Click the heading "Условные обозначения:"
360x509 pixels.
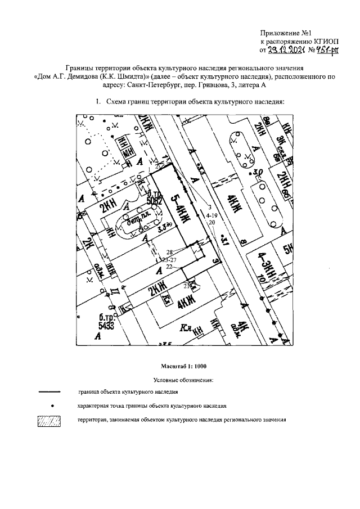click(x=180, y=380)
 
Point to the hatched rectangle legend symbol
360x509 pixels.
click(x=53, y=420)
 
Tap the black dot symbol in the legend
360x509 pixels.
click(x=52, y=405)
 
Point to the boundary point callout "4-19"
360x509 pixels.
click(x=211, y=215)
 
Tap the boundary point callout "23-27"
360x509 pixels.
click(x=169, y=260)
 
